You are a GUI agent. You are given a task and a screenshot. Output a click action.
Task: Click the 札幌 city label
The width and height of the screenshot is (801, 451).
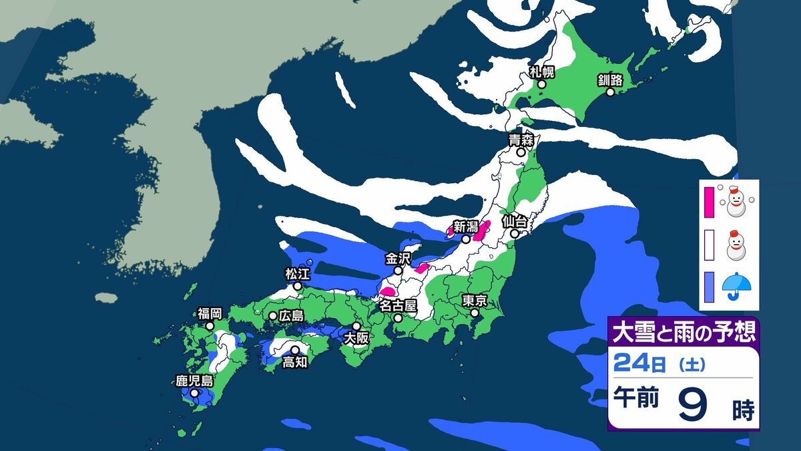(x=541, y=71)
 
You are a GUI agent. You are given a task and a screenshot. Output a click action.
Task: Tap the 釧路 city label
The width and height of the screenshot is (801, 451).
(x=610, y=80)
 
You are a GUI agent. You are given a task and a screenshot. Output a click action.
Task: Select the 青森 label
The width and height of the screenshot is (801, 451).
(x=520, y=140)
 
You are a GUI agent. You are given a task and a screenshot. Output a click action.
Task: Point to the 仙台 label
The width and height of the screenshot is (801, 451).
(x=515, y=220)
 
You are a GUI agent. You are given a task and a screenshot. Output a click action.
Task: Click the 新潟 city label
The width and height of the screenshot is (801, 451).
(x=465, y=227)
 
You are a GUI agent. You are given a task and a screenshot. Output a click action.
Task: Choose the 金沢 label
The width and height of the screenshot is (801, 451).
(x=398, y=258)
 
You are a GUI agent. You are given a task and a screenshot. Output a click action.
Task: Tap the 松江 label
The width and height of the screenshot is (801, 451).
(x=298, y=273)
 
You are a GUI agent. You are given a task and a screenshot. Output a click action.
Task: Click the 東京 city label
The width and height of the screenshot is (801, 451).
(x=475, y=300)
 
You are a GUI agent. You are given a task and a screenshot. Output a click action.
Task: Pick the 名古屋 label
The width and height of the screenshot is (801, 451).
(x=398, y=305)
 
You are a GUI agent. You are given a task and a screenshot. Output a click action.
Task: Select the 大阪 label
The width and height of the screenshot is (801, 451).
(x=356, y=338)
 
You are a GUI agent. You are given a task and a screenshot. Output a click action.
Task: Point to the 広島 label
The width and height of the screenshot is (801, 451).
(x=292, y=315)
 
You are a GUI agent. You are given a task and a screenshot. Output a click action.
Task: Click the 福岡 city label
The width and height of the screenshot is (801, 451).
(x=210, y=313)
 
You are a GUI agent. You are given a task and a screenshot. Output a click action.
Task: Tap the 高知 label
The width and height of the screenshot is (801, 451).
(x=294, y=361)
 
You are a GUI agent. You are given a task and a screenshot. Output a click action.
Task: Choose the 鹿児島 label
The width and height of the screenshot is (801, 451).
(x=194, y=382)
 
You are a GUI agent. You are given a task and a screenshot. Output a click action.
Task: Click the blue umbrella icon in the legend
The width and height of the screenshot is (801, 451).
(x=737, y=285)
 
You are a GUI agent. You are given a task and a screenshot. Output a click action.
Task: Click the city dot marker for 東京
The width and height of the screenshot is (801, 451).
(x=475, y=312)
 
